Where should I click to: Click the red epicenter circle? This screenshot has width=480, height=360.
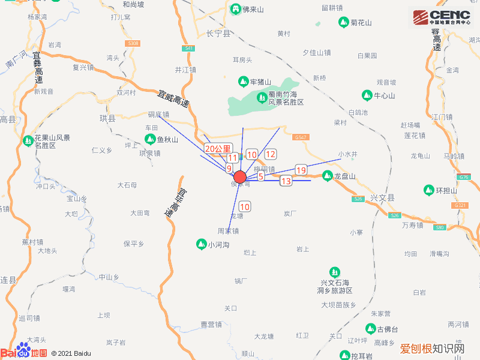(239, 177)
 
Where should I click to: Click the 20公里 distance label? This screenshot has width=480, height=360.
(217, 148)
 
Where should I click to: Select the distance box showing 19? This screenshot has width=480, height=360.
(301, 170)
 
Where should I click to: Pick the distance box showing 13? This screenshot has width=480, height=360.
(286, 181)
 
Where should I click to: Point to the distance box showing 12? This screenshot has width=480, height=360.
(270, 154)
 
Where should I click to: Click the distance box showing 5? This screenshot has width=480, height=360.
(261, 176)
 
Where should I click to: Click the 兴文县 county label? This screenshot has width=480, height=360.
(383, 197)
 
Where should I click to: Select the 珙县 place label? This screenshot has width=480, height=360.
(107, 118)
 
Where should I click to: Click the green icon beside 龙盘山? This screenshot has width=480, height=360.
(327, 176)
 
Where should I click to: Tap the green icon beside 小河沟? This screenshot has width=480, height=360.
(201, 244)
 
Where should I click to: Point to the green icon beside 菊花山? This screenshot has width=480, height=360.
(344, 23)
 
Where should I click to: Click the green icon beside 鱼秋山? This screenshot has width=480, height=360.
(150, 140)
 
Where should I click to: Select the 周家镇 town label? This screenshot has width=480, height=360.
(228, 230)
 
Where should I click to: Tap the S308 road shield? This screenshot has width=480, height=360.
(134, 43)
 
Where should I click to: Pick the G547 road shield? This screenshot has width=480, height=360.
(301, 137)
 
